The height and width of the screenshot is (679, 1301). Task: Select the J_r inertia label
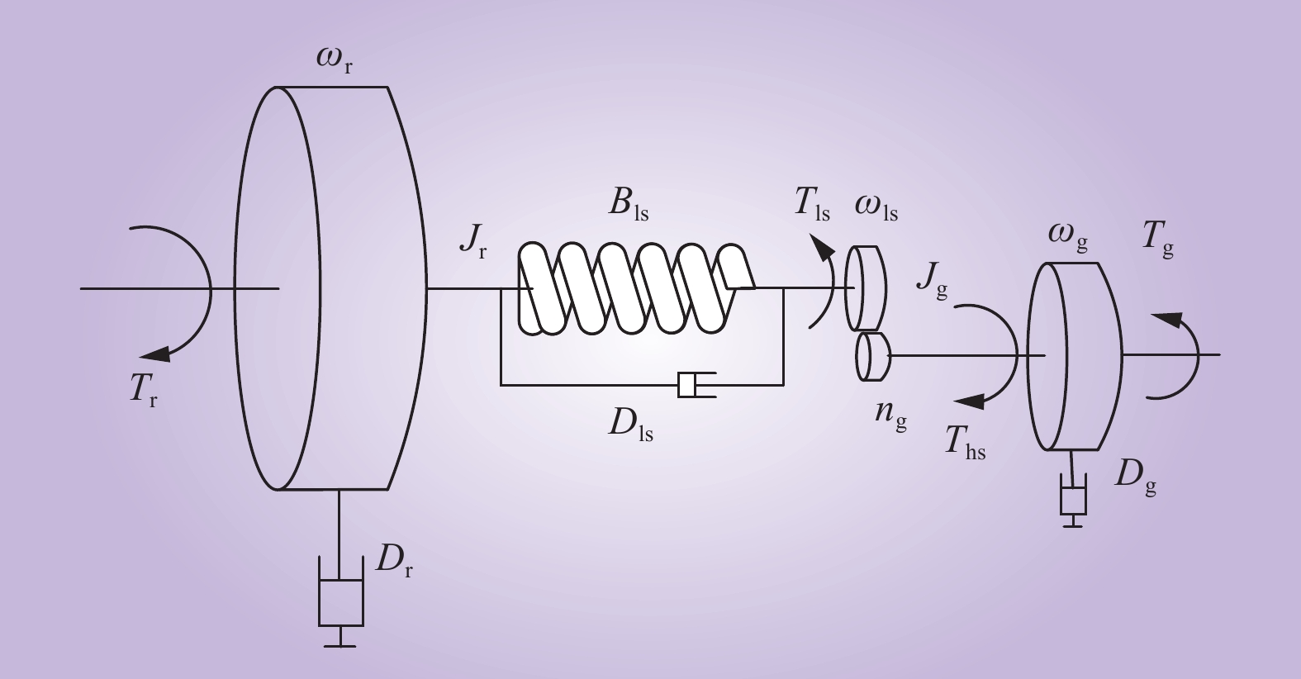coord(473,240)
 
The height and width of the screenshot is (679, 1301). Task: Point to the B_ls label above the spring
coord(629,206)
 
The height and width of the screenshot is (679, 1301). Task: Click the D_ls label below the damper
coord(631,425)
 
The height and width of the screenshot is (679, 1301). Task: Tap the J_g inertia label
coord(933,282)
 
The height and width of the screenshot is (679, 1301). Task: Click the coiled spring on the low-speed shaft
coord(637,288)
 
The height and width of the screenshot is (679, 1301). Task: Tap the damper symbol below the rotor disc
coord(341,601)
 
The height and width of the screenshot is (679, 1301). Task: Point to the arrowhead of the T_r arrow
coord(155,354)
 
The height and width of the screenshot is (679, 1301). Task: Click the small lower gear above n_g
coord(873,356)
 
